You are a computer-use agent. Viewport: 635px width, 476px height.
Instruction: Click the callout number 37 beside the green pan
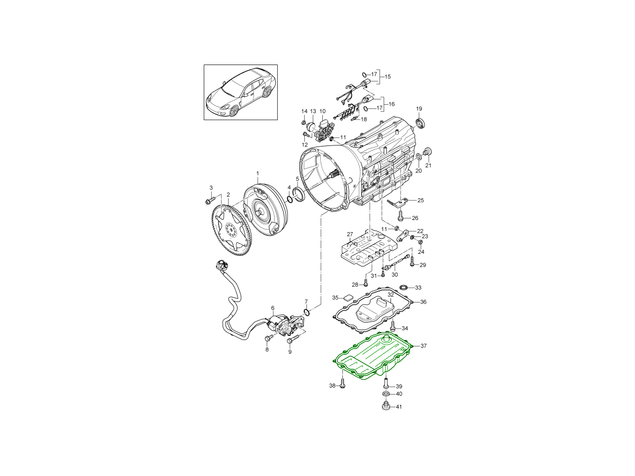423,346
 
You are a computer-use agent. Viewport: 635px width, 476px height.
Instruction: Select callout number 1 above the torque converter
258,173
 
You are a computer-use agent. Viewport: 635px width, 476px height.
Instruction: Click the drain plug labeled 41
385,405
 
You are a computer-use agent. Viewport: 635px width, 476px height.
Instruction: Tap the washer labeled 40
385,393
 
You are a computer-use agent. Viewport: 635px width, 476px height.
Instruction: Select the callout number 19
419,108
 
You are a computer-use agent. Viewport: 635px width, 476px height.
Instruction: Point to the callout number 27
350,234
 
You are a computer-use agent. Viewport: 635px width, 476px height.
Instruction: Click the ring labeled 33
404,287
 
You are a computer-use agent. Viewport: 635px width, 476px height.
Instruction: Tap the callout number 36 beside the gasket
423,301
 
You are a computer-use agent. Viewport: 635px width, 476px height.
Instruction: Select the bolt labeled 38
342,385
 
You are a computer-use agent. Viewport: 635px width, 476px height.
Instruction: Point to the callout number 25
421,200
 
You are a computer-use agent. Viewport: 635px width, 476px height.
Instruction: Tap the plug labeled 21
428,152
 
